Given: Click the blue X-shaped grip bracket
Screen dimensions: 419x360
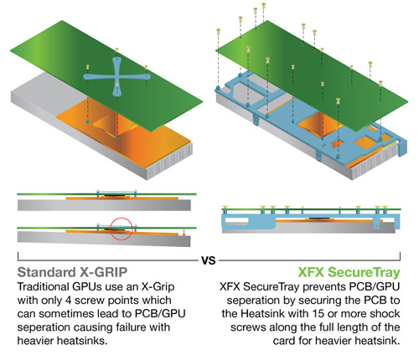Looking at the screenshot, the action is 116,77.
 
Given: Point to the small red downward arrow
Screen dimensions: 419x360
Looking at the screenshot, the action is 184,233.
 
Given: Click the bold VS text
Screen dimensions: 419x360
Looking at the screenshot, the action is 209,260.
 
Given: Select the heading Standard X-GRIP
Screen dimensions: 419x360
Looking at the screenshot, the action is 72,272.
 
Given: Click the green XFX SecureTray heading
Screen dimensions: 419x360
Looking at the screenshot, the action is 349,272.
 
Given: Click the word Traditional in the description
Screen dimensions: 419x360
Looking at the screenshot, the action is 43,287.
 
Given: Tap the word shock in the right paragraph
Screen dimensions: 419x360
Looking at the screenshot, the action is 385,314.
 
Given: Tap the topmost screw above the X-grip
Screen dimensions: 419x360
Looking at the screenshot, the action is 116,50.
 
